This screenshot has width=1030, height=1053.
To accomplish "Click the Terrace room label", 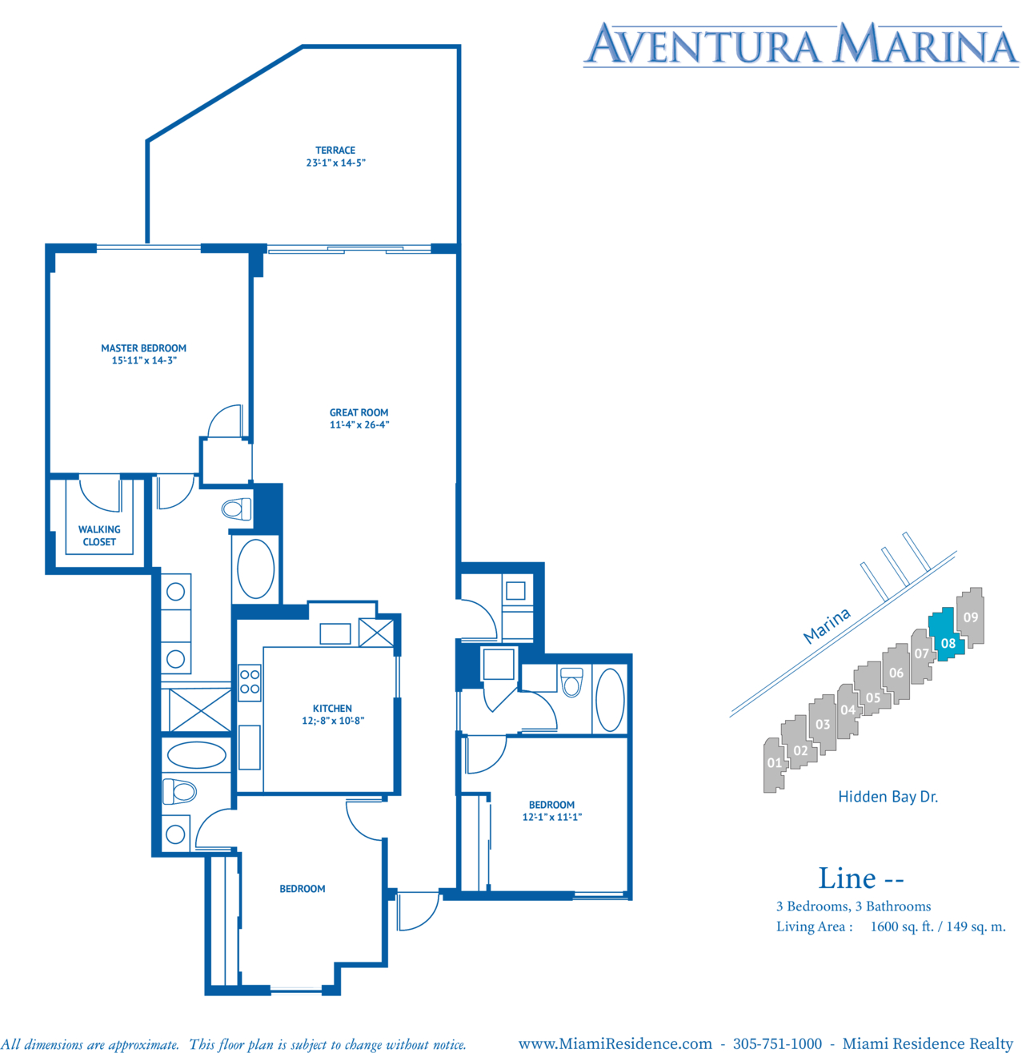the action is tap(335, 151).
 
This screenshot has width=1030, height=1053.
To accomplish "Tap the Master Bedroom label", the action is tap(143, 348).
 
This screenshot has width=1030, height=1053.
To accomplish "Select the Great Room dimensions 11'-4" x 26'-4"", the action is tap(359, 424).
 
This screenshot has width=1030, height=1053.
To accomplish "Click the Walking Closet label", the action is tap(99, 536).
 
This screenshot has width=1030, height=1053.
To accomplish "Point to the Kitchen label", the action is tap(332, 708).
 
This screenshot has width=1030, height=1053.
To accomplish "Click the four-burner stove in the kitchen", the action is tap(250, 682).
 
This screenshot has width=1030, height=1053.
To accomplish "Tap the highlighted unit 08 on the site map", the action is tap(947, 634).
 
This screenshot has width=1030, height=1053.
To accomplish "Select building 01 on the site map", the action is tap(774, 765).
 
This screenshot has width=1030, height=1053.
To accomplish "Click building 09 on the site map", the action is tap(970, 617).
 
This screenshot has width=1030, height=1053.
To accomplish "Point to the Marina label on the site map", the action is tap(826, 625).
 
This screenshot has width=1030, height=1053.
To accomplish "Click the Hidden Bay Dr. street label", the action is tap(888, 797).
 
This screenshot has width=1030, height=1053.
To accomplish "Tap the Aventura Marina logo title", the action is tap(801, 44).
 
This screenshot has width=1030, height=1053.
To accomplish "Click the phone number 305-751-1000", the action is tap(777, 1043).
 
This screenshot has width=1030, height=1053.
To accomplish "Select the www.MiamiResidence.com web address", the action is tap(615, 1043).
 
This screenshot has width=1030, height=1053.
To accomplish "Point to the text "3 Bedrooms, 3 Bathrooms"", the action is tap(853, 906).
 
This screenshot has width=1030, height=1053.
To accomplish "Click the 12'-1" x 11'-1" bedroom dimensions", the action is tap(551, 817).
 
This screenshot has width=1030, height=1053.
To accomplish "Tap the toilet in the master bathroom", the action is tap(236, 509).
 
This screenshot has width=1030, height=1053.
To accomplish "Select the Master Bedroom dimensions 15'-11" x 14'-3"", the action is tap(144, 360).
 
